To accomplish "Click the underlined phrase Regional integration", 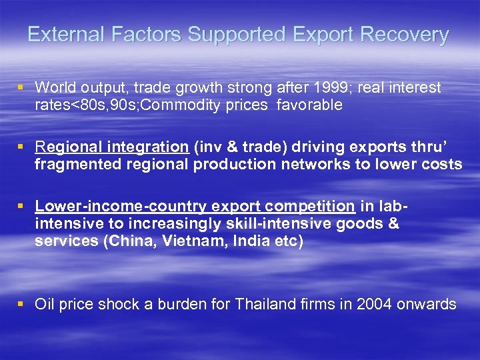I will click(111, 147).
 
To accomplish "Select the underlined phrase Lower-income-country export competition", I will click(195, 206).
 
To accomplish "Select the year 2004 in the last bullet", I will click(375, 305).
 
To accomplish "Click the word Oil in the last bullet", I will click(45, 305).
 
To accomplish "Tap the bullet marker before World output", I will click(22, 87).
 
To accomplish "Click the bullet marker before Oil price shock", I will click(22, 305).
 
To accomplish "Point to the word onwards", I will click(429, 305).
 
